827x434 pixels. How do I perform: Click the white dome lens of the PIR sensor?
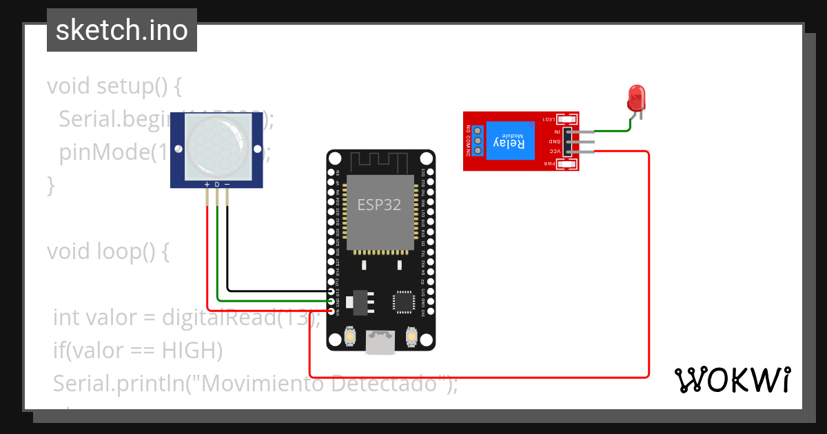[216, 147]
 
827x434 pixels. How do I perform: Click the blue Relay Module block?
[509, 141]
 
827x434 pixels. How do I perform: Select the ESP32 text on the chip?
[379, 205]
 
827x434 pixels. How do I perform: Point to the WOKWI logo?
[733, 380]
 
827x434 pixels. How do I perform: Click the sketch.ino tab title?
[122, 30]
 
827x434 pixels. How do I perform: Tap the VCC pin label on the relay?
[554, 152]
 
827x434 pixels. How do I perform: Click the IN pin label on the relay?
[555, 131]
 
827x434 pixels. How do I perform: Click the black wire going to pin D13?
[276, 291]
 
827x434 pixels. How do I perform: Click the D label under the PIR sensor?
[216, 185]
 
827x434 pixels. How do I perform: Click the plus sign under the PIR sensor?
[207, 185]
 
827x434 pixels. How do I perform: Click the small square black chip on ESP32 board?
[404, 301]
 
